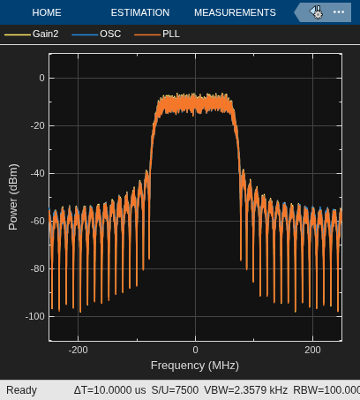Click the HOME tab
(x=47, y=12)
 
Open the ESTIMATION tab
(x=140, y=12)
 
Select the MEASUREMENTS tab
(x=235, y=12)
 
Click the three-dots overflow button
(x=339, y=12)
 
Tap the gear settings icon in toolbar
(x=316, y=12)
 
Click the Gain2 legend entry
(x=32, y=34)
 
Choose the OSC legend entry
(x=96, y=34)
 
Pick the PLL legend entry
(x=157, y=34)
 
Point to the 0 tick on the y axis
(x=41, y=78)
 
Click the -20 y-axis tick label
(x=38, y=125)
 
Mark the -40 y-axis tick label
(x=38, y=173)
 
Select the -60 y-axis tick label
(x=38, y=221)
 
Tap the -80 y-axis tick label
(x=38, y=268)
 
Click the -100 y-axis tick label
(x=35, y=316)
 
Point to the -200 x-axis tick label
(x=78, y=350)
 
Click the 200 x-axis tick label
(x=312, y=350)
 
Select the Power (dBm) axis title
(x=13, y=197)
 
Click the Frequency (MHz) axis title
(x=195, y=366)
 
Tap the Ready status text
(x=21, y=390)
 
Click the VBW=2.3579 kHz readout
(x=246, y=390)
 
